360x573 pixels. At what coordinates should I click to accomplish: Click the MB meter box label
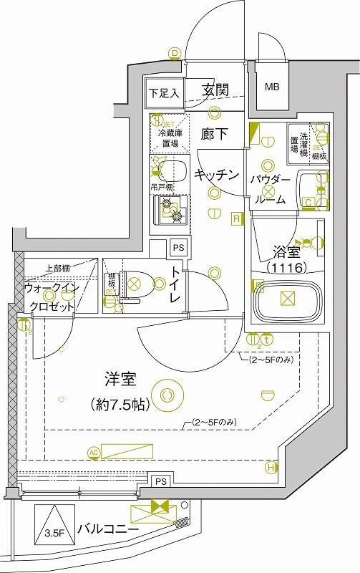[x=272, y=88]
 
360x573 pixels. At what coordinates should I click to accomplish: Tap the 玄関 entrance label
[x=215, y=90]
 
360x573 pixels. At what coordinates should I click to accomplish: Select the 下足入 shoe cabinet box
[x=165, y=92]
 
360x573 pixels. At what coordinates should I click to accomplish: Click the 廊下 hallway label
[x=214, y=133]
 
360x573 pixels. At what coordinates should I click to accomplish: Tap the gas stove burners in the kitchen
[x=172, y=208]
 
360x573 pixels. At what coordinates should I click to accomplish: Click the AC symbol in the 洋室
[x=93, y=452]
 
